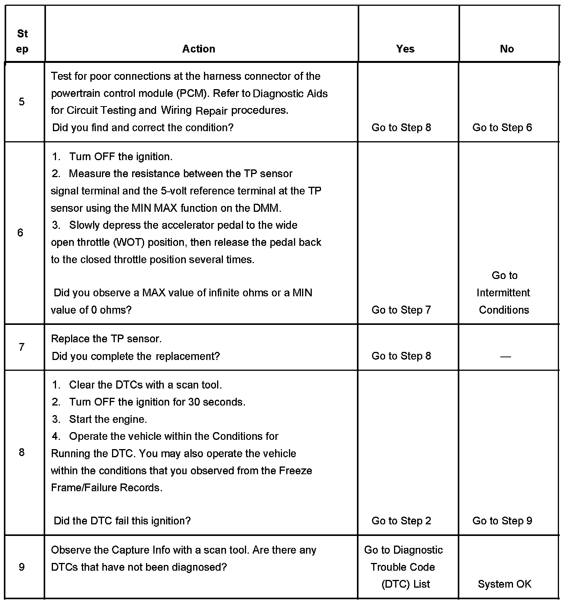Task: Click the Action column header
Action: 199,49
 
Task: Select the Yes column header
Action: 405,49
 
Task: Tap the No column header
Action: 506,49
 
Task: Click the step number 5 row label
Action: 22,102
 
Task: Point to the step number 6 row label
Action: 20,233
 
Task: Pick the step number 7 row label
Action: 22,347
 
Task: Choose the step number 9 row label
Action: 22,567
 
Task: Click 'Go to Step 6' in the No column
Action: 502,128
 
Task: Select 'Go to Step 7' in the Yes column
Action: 401,310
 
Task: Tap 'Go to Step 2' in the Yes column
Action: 401,521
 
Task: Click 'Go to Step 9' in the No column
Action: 502,521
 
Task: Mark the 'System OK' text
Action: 504,584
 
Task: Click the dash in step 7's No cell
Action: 505,357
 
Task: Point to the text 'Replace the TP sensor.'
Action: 106,339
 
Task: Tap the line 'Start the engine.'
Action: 108,419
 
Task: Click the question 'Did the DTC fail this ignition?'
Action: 122,521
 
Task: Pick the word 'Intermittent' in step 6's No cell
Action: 503,293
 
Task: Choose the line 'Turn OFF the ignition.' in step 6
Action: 121,157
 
